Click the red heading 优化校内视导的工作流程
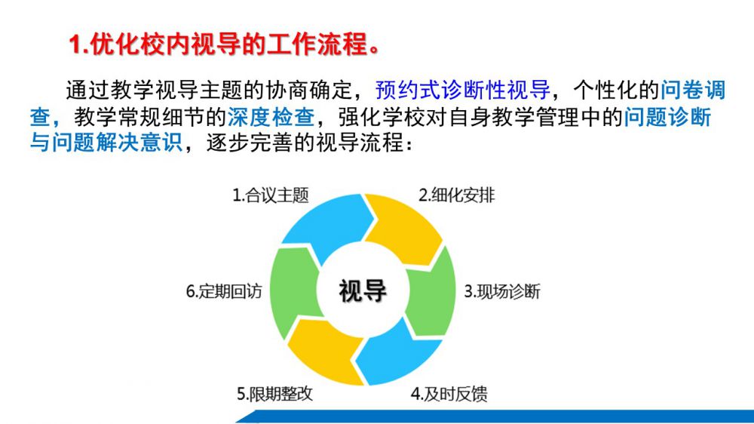[229, 45]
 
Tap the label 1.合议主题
[270, 195]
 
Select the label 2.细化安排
[456, 195]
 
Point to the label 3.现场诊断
[501, 292]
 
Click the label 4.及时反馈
[449, 394]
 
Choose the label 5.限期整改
[274, 394]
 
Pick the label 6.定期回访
[224, 292]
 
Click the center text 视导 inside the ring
[363, 291]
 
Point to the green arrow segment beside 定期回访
[293, 291]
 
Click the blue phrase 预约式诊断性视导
[462, 90]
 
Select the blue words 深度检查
[271, 117]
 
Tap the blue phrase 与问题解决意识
[106, 143]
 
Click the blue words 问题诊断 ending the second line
[667, 117]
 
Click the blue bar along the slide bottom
[495, 416]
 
